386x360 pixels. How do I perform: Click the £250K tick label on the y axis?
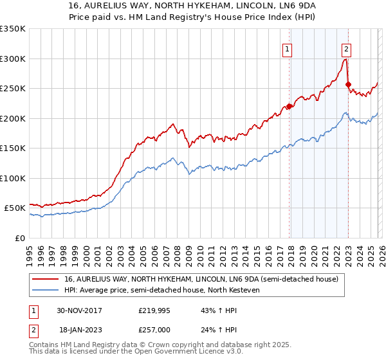point(13,89)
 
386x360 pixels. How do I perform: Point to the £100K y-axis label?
point(13,178)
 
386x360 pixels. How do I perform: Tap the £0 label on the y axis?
point(19,238)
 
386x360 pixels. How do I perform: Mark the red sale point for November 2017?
point(289,107)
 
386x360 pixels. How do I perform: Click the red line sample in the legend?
point(46,279)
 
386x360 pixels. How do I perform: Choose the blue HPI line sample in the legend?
point(46,290)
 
